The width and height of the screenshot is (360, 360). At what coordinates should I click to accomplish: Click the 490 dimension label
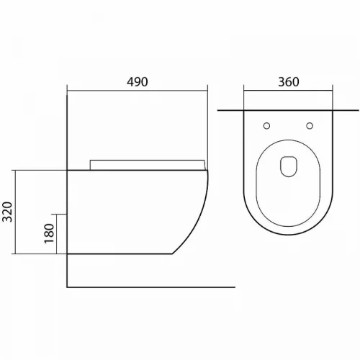137,82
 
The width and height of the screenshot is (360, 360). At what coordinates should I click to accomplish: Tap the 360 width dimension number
289,82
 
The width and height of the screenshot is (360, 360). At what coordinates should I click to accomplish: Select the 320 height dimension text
7,212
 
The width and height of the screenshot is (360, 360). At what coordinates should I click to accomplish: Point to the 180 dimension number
49,233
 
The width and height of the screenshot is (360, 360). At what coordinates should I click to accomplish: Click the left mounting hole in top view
266,126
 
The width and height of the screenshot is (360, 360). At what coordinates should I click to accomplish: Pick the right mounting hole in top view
310,126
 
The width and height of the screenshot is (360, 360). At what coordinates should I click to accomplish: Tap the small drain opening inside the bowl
289,166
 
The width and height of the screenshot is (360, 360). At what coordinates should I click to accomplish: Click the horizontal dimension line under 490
138,91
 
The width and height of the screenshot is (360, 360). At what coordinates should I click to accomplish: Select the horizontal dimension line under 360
288,91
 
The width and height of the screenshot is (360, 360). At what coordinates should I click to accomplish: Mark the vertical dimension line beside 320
15,212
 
